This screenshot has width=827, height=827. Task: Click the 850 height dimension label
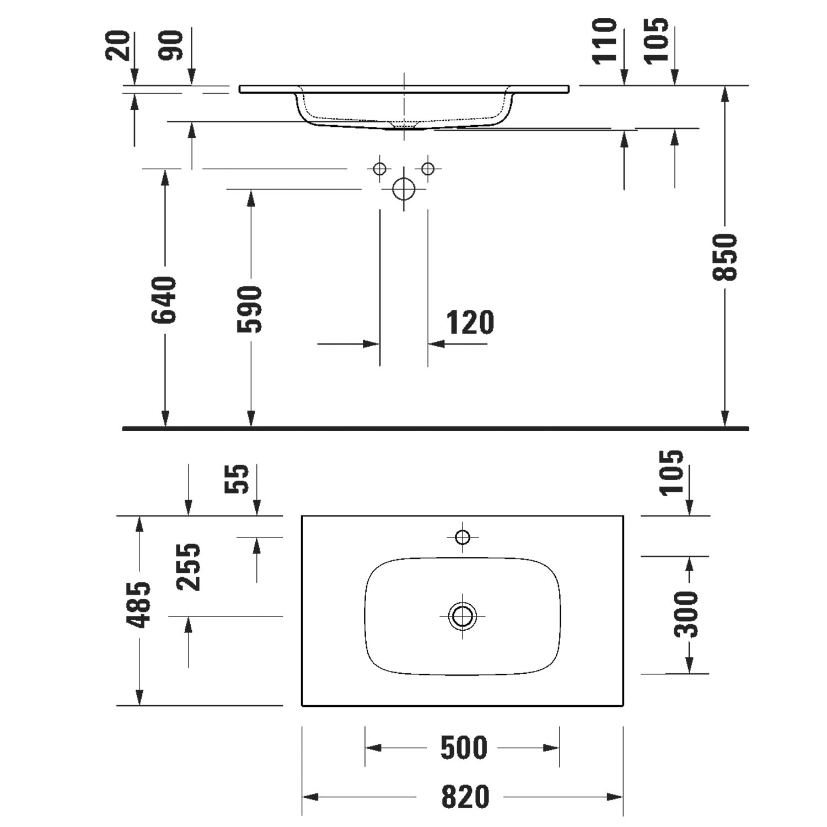(x=724, y=257)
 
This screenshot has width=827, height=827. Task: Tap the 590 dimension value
(x=250, y=309)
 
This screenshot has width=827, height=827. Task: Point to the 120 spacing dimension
(x=470, y=323)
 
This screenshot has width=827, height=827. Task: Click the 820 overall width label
(x=465, y=797)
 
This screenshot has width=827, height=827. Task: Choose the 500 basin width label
(x=464, y=748)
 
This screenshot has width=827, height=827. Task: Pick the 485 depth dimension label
(x=138, y=604)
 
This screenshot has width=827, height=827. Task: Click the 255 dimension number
(x=189, y=567)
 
